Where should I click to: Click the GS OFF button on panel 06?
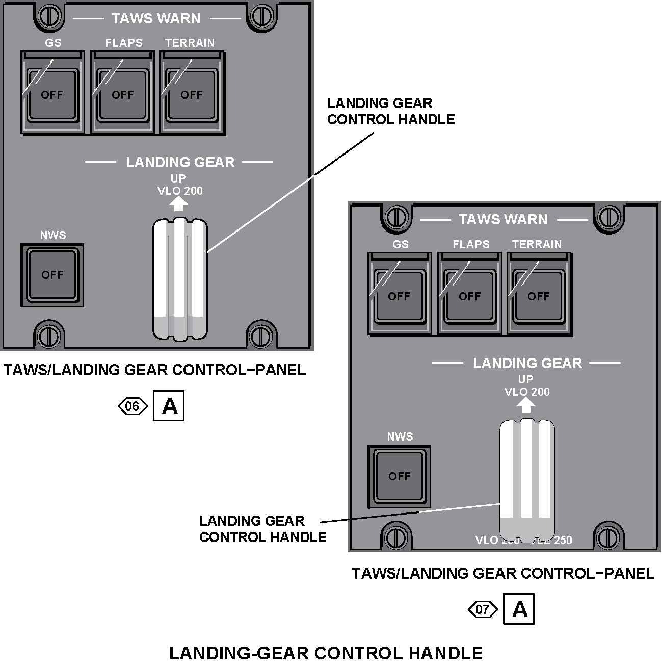tap(51, 94)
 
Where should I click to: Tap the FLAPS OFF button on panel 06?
tap(122, 94)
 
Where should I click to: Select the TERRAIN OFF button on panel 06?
tap(192, 94)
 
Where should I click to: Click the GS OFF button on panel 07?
tap(399, 296)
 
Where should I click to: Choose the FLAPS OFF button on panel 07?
tap(469, 296)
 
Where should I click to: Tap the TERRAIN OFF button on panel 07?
tap(539, 296)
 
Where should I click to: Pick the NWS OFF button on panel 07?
tap(399, 476)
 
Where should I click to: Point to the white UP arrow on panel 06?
tap(178, 204)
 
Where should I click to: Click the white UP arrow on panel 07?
tap(526, 405)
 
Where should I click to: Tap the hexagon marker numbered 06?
tap(132, 406)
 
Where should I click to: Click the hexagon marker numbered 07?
tap(482, 609)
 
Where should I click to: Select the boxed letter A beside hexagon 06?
tap(169, 406)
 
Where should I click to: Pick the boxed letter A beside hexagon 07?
tap(519, 609)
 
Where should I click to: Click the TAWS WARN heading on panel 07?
tap(502, 220)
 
